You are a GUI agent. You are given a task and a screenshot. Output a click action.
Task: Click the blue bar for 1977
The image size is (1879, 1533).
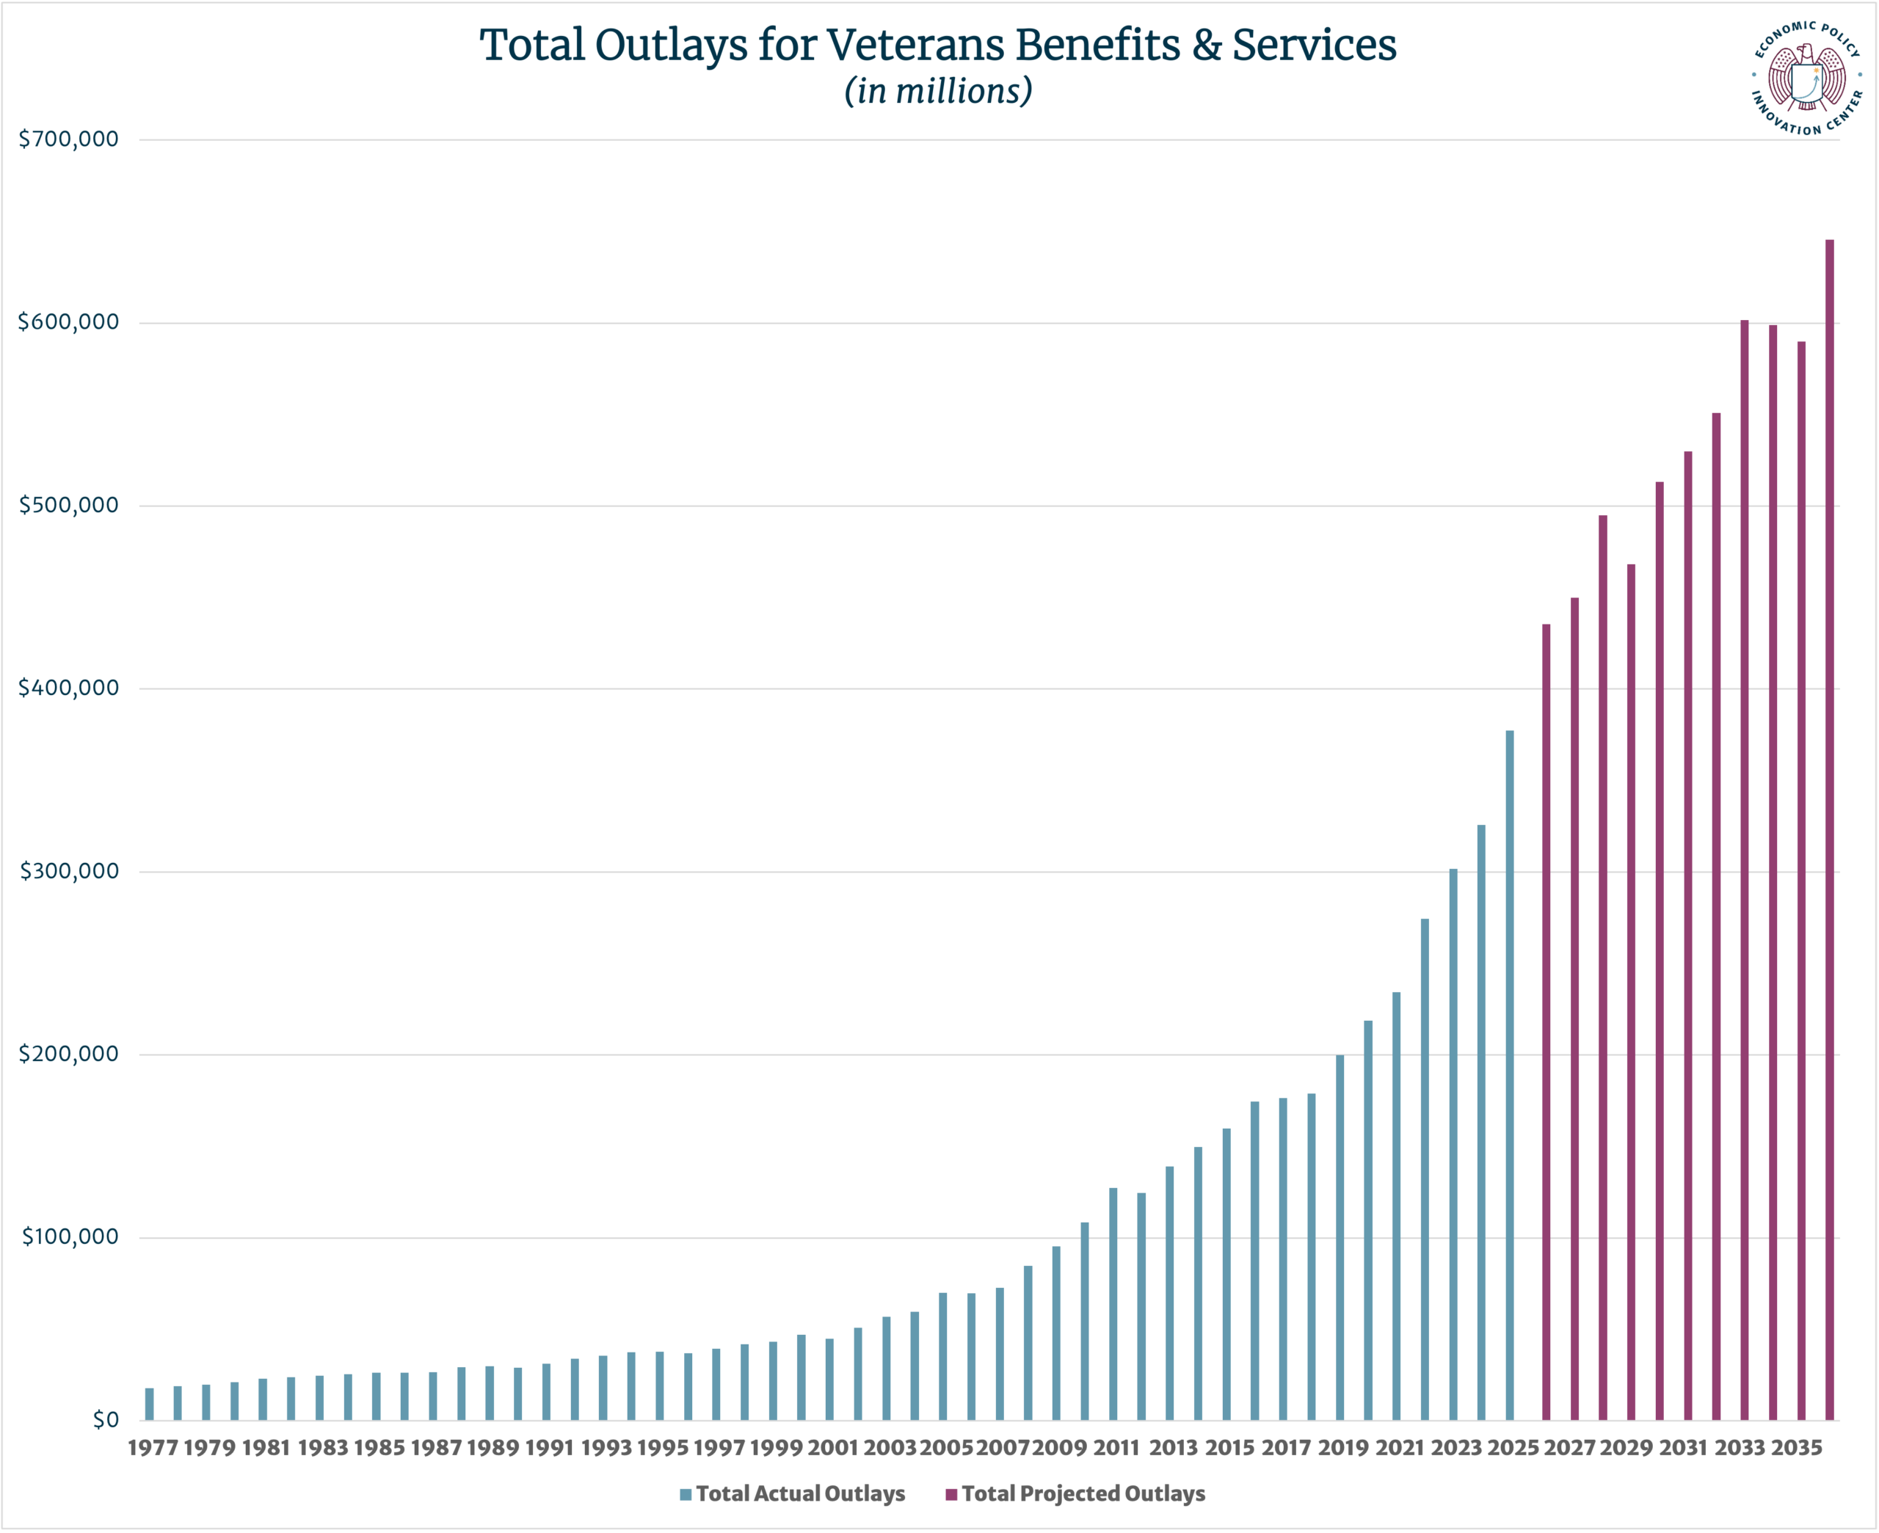pos(149,1404)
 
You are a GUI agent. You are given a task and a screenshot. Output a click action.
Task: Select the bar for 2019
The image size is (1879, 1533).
pos(1340,1237)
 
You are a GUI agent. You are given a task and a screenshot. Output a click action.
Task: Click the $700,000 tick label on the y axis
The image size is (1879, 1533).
pos(68,139)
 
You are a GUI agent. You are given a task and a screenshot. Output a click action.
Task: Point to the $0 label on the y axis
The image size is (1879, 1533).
pos(105,1420)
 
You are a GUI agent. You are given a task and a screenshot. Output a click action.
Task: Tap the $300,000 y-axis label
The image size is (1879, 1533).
pos(68,872)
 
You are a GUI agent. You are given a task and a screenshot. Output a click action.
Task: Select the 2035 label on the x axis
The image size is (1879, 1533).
pos(1797,1448)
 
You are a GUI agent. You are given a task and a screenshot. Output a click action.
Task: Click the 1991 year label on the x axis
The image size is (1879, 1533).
pos(549,1448)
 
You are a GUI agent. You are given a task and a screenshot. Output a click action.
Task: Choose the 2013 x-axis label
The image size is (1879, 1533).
pos(1173,1448)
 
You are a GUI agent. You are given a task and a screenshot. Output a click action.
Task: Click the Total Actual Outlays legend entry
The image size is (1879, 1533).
pos(799,1493)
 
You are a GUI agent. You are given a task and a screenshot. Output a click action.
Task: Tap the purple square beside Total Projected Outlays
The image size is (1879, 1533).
pos(951,1494)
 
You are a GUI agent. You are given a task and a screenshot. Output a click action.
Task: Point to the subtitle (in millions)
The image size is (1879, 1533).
pos(938,91)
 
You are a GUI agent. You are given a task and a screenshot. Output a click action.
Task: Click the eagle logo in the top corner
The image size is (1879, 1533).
pos(1806,79)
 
